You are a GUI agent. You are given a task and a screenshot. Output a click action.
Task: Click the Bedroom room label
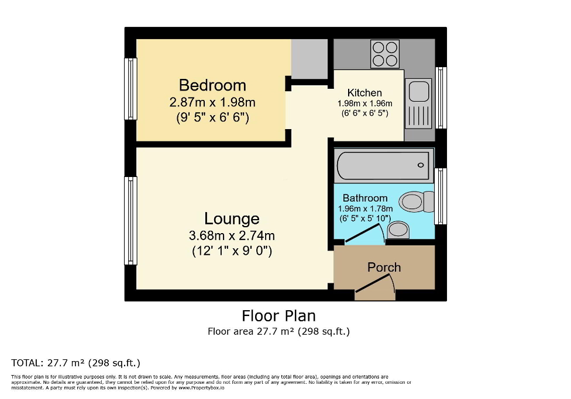(212, 85)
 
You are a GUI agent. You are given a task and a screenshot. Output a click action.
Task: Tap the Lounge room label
(232, 219)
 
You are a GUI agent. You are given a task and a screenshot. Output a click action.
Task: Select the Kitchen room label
(364, 93)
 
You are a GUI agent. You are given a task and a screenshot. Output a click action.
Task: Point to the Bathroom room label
(365, 198)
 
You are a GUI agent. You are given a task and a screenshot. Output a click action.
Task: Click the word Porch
(384, 268)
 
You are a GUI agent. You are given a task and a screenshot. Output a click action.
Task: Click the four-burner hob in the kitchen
(384, 54)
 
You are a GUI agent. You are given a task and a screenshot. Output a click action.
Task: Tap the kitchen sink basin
(418, 92)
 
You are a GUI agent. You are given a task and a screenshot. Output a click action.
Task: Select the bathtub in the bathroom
(384, 165)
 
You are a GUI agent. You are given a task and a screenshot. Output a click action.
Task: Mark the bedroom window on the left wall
(130, 89)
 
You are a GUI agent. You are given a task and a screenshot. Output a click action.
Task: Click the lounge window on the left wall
(130, 220)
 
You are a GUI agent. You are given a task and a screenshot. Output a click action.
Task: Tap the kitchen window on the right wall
(441, 98)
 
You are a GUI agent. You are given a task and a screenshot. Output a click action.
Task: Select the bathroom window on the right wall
(441, 196)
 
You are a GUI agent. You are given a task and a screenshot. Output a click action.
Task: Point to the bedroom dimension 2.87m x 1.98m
(212, 103)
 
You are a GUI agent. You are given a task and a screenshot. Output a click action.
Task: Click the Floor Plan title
(278, 316)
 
